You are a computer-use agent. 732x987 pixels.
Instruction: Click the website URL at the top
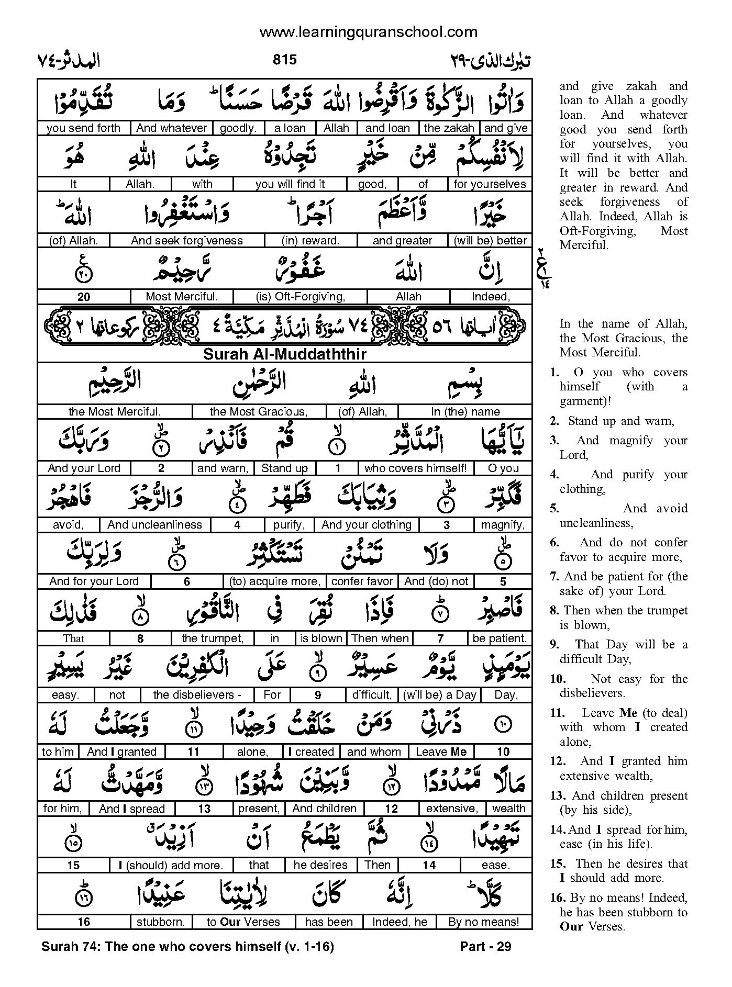pos(369,32)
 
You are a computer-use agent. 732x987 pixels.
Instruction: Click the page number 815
pos(285,60)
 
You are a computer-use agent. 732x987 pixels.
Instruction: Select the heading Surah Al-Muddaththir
pos(285,354)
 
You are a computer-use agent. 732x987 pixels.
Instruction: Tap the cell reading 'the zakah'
pos(449,128)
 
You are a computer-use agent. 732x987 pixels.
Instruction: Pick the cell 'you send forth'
pos(84,128)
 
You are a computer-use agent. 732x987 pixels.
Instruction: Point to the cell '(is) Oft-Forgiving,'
pos(301,297)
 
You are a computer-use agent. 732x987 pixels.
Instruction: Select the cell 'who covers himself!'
pos(415,468)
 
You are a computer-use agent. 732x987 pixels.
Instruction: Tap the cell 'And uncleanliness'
pos(155,525)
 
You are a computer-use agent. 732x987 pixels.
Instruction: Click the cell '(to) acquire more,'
pos(274,581)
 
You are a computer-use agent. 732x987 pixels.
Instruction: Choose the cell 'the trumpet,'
pos(213,638)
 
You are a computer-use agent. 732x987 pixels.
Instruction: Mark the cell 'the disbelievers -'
pos(197,695)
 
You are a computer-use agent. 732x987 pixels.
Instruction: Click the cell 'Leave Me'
pos(441,752)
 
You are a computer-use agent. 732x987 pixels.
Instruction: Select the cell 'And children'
pos(325,809)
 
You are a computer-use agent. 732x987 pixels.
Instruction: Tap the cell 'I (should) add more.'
pos(171,866)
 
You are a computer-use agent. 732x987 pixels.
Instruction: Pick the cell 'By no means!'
pos(484,922)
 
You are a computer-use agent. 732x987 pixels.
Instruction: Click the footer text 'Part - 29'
pos(485,946)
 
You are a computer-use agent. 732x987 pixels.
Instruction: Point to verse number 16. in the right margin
pos(558,898)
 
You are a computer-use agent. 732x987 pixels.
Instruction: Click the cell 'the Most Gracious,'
pos(259,412)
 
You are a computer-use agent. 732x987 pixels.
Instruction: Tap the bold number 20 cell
pos(84,297)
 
